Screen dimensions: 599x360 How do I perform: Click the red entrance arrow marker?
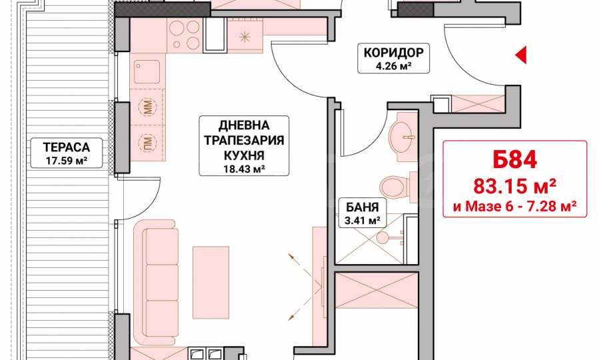pyautogui.click(x=521, y=55)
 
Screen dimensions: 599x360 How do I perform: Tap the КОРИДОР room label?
pyautogui.click(x=394, y=53)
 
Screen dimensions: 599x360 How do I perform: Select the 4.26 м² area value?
pyautogui.click(x=394, y=66)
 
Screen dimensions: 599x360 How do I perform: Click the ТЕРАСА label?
pyautogui.click(x=67, y=147)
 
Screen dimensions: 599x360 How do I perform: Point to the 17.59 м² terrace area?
pyautogui.click(x=67, y=161)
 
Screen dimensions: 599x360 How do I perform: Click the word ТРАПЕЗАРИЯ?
pyautogui.click(x=244, y=140)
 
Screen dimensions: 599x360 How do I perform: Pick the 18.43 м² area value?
pyautogui.click(x=244, y=169)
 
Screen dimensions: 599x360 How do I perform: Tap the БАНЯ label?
pyautogui.click(x=362, y=207)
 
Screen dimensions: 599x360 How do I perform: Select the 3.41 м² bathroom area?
pyautogui.click(x=362, y=221)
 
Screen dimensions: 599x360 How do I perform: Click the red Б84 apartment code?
pyautogui.click(x=514, y=159)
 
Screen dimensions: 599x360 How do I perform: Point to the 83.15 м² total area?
pyautogui.click(x=514, y=187)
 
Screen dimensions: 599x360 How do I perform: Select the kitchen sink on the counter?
pyautogui.click(x=147, y=71)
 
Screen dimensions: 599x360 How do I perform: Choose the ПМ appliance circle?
pyautogui.click(x=148, y=143)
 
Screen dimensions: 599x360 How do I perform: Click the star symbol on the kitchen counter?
pyautogui.click(x=244, y=37)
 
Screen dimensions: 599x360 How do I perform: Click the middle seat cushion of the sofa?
pyautogui.click(x=162, y=282)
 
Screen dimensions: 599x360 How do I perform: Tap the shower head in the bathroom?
pyautogui.click(x=382, y=237)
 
